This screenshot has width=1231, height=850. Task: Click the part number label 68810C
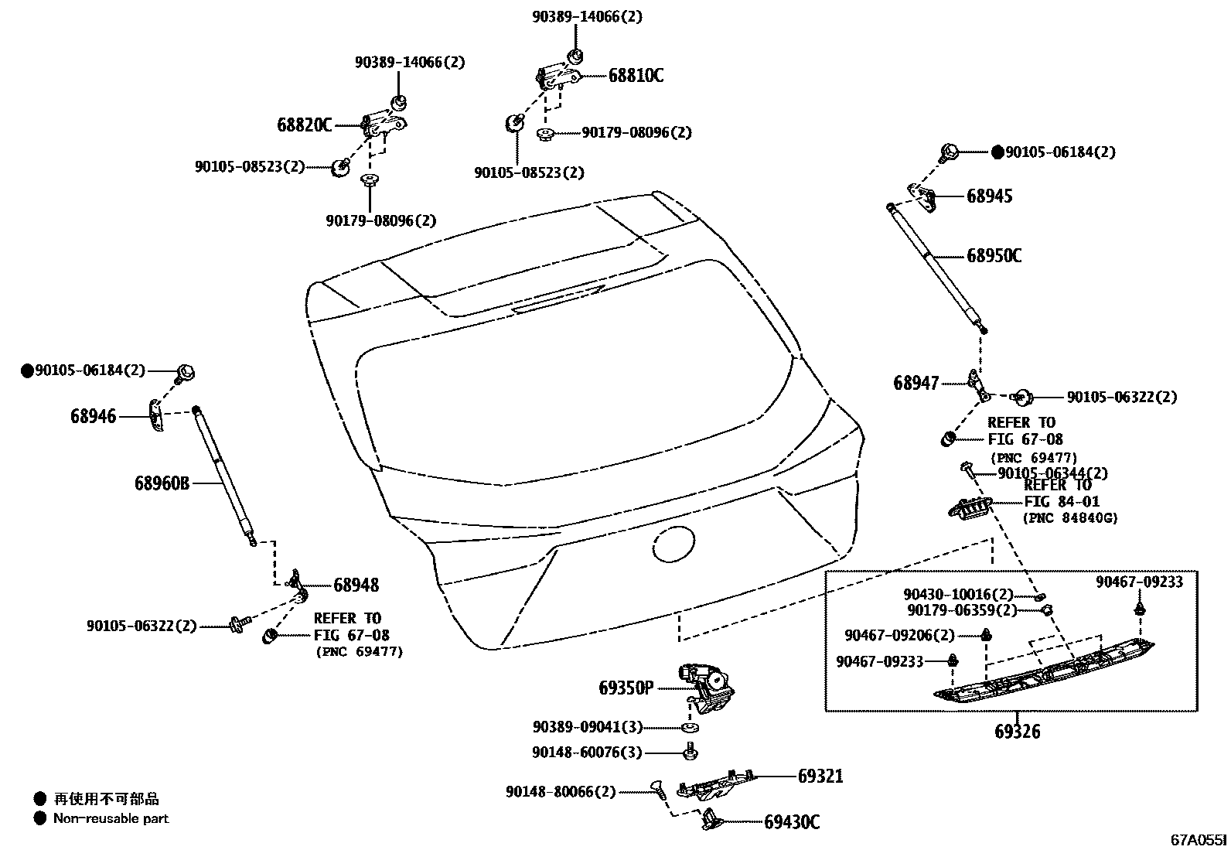point(636,76)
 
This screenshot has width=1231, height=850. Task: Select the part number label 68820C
point(305,125)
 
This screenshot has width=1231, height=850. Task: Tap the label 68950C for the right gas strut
point(994,256)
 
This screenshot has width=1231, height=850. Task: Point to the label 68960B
point(162,484)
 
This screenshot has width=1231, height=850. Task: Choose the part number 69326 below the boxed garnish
point(1017,732)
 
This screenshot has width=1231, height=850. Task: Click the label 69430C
point(792,822)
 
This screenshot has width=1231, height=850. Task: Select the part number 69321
point(820,776)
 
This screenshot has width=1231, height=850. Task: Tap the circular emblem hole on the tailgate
point(675,544)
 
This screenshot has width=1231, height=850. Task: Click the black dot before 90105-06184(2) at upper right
point(997,152)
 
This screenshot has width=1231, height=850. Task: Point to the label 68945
point(989,196)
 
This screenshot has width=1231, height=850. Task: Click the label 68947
point(916,383)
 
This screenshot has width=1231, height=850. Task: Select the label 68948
point(356,585)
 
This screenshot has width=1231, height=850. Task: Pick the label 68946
point(93,417)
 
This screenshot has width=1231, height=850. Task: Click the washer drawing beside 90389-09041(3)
point(687,728)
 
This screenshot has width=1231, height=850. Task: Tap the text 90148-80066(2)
point(561,792)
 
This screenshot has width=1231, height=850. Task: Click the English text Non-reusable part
point(111,818)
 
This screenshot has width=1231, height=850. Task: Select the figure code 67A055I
point(1198,839)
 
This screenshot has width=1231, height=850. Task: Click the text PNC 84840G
point(1070,518)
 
